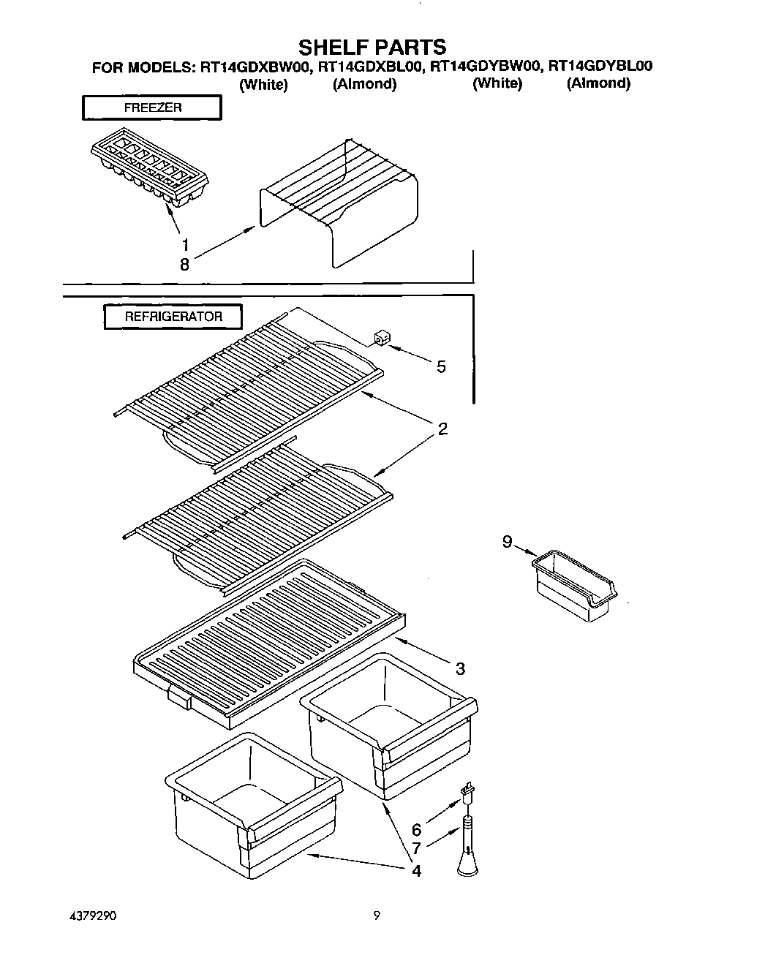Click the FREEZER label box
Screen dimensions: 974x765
[152, 107]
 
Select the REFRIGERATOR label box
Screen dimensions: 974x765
[173, 317]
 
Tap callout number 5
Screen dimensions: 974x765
[441, 367]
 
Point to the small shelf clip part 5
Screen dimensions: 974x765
[380, 338]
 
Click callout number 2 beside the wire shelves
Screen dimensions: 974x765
[442, 429]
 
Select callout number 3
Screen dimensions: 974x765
[460, 668]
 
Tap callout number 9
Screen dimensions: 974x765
[507, 542]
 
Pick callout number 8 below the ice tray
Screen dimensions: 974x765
[184, 265]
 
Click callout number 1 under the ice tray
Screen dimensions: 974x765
[185, 245]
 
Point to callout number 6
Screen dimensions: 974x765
[416, 830]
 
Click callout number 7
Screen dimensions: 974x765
[416, 848]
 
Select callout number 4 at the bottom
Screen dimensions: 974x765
[416, 871]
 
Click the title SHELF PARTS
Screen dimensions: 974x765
[372, 48]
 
